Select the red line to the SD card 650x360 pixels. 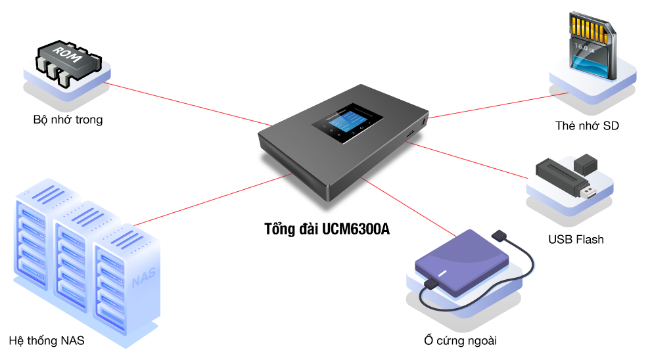499,105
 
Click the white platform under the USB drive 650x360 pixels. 559,200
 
